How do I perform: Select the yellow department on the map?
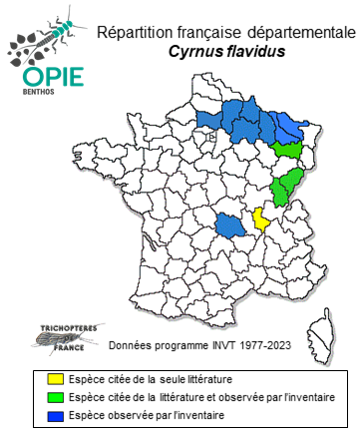point(260,218)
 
